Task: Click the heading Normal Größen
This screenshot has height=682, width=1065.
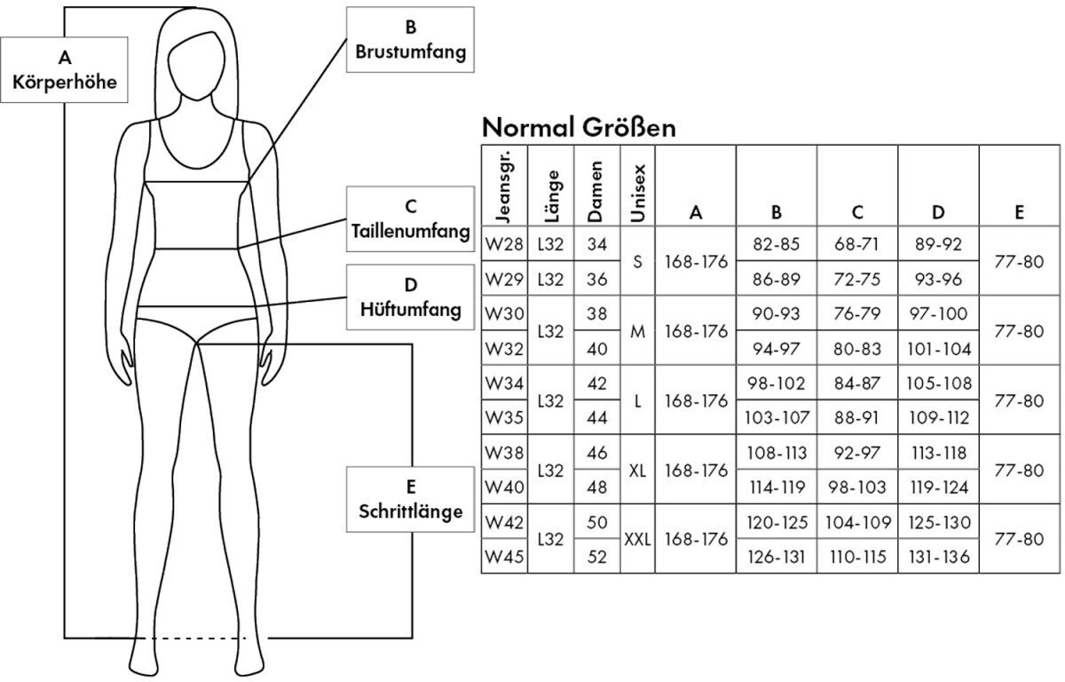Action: [x=579, y=128]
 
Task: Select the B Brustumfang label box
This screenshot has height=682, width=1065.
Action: [x=410, y=40]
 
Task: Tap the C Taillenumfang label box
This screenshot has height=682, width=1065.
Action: [x=410, y=219]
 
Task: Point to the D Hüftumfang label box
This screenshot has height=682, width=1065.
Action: [x=410, y=297]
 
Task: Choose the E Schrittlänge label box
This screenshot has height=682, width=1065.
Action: [x=410, y=499]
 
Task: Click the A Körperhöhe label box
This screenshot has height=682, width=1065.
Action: [x=65, y=70]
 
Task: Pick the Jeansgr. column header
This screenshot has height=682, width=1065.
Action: [x=504, y=186]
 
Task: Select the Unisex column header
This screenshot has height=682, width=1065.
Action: [x=637, y=186]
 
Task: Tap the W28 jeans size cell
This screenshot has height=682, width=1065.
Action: [x=504, y=243]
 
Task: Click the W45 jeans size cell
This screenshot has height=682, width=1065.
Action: [x=504, y=557]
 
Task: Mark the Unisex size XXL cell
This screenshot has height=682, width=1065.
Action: [x=637, y=539]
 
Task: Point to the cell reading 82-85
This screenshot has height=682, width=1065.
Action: [x=777, y=243]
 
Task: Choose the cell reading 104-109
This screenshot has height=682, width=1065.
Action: [x=857, y=522]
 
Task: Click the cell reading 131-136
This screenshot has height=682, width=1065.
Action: [x=939, y=557]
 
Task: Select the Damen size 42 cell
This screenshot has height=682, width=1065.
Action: [x=597, y=383]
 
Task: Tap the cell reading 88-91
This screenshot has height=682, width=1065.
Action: [x=857, y=417]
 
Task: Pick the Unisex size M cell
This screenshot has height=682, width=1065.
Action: [x=637, y=330]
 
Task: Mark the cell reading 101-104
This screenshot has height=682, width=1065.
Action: [x=939, y=348]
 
